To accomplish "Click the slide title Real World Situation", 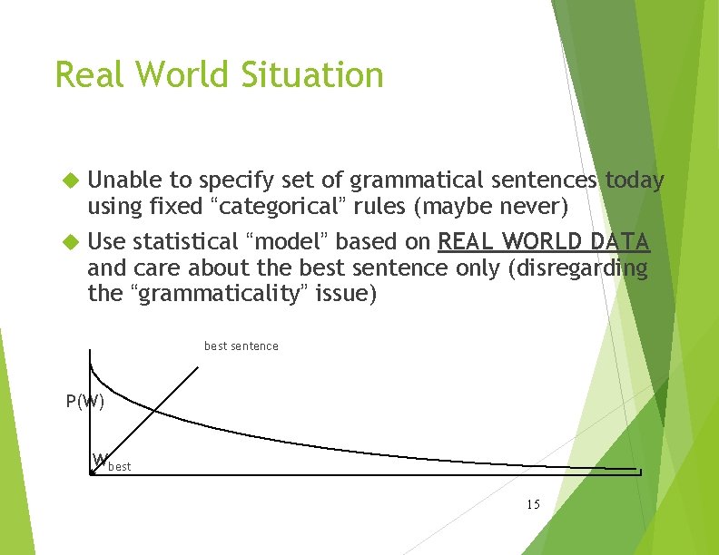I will point(219,74).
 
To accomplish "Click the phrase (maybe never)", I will point(490,208).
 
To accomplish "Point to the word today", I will point(634,181).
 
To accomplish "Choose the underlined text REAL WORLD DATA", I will point(543,242).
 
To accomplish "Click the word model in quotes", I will point(291,242).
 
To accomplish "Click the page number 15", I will point(532,503).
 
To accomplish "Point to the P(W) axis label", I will point(85,401).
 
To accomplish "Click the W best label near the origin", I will point(111,462).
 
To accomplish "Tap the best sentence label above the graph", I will point(241,346).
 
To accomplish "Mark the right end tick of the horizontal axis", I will point(641,472).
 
